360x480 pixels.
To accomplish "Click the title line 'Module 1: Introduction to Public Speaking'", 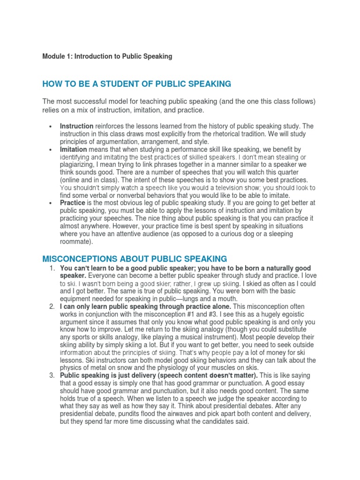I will tap(107, 56).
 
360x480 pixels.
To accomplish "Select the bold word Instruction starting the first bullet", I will tap(76, 127).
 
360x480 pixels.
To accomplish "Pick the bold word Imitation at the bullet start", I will tap(73, 150).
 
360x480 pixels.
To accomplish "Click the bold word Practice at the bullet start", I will tap(72, 203).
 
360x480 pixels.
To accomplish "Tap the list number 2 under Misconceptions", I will tap(52, 307).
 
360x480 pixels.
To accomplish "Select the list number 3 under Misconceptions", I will tap(52, 375).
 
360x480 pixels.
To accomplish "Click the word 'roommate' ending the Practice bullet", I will tap(76, 241).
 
